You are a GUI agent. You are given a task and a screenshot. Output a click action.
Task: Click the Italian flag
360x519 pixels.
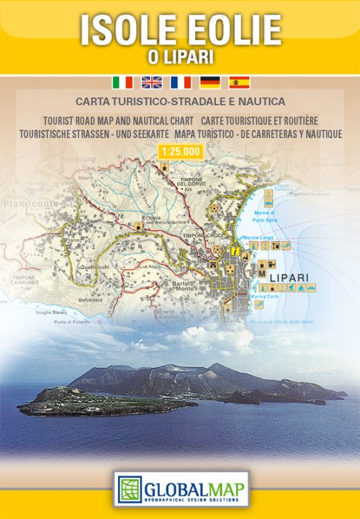tap(122, 81)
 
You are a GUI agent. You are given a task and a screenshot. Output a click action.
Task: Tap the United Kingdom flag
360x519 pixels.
tap(151, 81)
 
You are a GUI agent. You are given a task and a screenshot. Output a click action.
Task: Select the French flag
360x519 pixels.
tap(180, 81)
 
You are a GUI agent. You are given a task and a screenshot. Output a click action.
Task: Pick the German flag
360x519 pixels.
tap(210, 81)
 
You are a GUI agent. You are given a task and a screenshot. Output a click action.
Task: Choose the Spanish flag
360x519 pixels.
tap(238, 81)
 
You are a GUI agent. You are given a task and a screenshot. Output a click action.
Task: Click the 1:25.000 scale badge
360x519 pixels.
tap(179, 150)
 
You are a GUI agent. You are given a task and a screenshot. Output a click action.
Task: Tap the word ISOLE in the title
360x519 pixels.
tap(125, 31)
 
